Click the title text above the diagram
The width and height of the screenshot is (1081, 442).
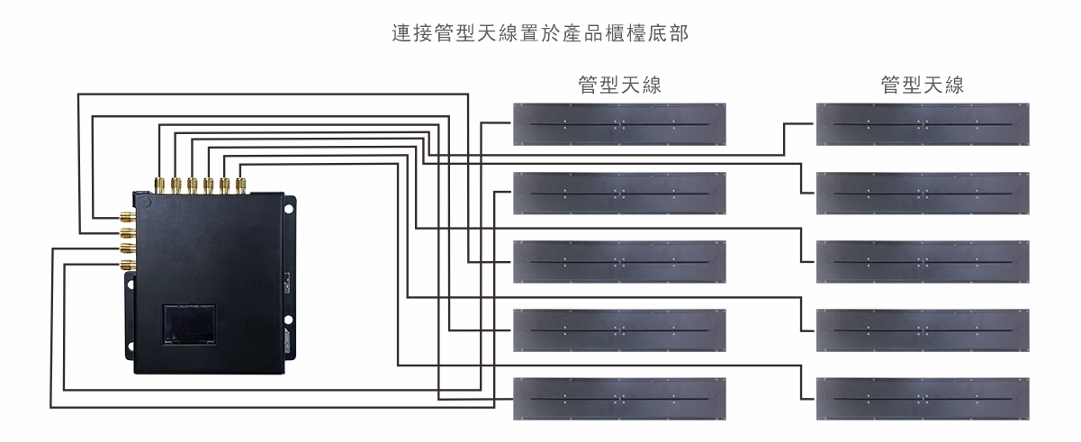540,34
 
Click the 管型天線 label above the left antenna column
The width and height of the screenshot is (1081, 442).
619,86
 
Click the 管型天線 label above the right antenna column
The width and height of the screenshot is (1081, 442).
923,86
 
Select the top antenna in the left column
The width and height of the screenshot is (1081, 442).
619,124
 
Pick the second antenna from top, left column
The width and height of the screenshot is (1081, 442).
619,193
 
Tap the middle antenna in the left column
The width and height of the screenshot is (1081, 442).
619,261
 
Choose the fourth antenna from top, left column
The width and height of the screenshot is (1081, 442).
619,330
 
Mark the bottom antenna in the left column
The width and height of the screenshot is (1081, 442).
619,399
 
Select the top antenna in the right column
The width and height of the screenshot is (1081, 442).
923,124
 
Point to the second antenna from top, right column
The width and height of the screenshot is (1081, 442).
923,193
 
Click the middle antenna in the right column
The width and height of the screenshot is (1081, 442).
923,261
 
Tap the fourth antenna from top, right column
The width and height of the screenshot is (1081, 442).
923,330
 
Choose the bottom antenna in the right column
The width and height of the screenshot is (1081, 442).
923,399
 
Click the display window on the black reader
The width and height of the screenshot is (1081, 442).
189,324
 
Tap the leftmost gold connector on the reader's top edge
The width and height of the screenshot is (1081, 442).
159,185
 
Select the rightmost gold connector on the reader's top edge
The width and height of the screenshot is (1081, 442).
240,185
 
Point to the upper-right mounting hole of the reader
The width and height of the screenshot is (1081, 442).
290,210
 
